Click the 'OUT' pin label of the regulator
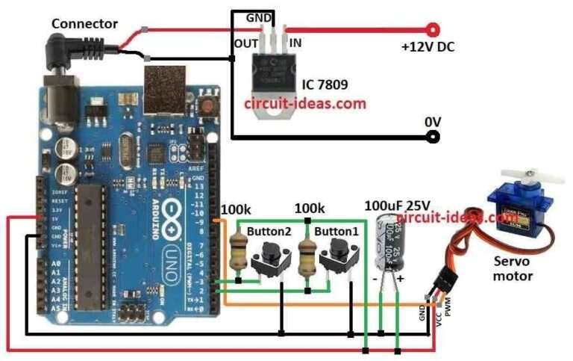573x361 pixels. click(245, 43)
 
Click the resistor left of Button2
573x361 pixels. click(238, 251)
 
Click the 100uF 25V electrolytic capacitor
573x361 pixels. click(388, 243)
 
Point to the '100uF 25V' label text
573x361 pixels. click(397, 205)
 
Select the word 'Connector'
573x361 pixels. click(84, 24)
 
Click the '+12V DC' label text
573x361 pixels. click(428, 46)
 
